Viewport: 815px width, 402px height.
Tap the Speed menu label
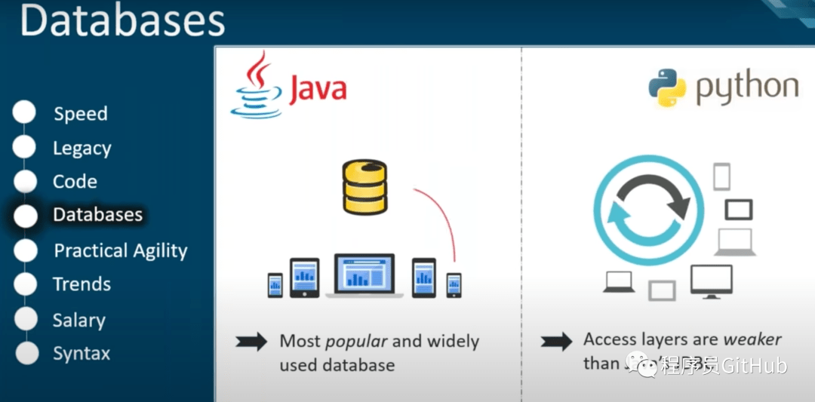81,114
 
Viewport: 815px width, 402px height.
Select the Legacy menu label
82,149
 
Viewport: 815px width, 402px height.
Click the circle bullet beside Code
25,182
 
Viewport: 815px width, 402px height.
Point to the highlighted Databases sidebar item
97,215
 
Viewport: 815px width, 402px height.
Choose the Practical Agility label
121,251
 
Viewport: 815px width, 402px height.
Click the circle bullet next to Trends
25,284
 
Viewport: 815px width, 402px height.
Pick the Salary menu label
79,320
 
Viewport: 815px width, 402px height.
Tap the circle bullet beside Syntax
26,353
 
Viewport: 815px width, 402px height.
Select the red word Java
318,88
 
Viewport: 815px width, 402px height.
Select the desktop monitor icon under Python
711,281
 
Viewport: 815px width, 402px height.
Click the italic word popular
356,341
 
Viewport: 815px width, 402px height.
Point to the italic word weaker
752,339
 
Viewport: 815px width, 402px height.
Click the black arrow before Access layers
556,342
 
